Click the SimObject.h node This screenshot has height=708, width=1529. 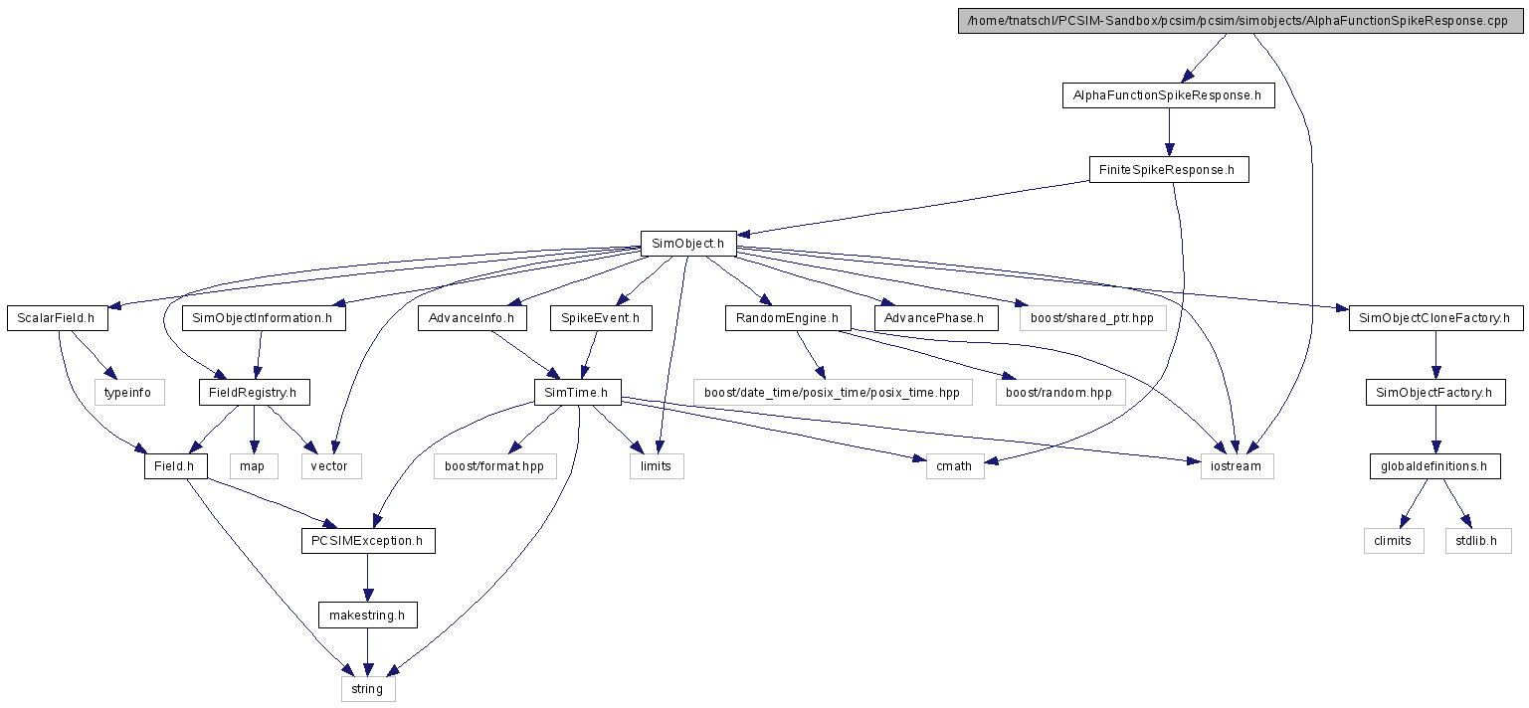point(688,244)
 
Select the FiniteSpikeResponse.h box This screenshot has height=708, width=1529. point(1169,170)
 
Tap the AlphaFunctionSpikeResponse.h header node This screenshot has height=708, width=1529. point(1169,95)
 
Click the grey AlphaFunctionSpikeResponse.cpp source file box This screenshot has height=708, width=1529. point(1241,21)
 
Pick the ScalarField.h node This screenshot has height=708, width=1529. point(58,318)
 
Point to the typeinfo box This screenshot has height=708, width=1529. point(129,392)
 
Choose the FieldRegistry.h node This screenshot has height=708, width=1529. point(254,392)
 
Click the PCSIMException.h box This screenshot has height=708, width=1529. point(368,541)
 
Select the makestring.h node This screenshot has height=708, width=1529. point(368,616)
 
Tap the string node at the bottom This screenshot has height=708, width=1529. point(368,689)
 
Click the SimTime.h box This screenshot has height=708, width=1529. point(577,392)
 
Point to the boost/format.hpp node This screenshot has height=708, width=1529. point(494,466)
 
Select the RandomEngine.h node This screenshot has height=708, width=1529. point(789,318)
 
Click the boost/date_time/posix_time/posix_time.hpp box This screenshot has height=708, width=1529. point(833,392)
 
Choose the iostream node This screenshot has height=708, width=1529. point(1237,466)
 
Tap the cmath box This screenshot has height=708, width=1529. point(955,466)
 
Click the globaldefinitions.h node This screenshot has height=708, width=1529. point(1434,466)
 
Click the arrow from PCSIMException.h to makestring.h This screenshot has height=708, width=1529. point(368,578)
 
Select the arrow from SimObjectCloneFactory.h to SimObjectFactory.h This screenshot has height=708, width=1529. point(1436,355)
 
